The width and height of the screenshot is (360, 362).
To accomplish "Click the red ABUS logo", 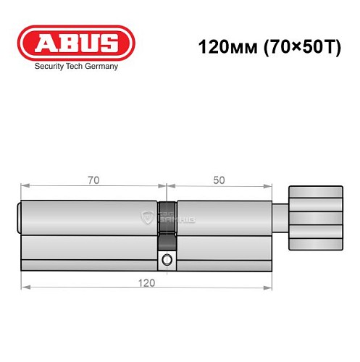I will [76, 43].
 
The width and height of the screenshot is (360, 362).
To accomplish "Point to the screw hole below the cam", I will [167, 260].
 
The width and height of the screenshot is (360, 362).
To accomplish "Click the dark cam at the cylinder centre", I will [167, 224].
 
